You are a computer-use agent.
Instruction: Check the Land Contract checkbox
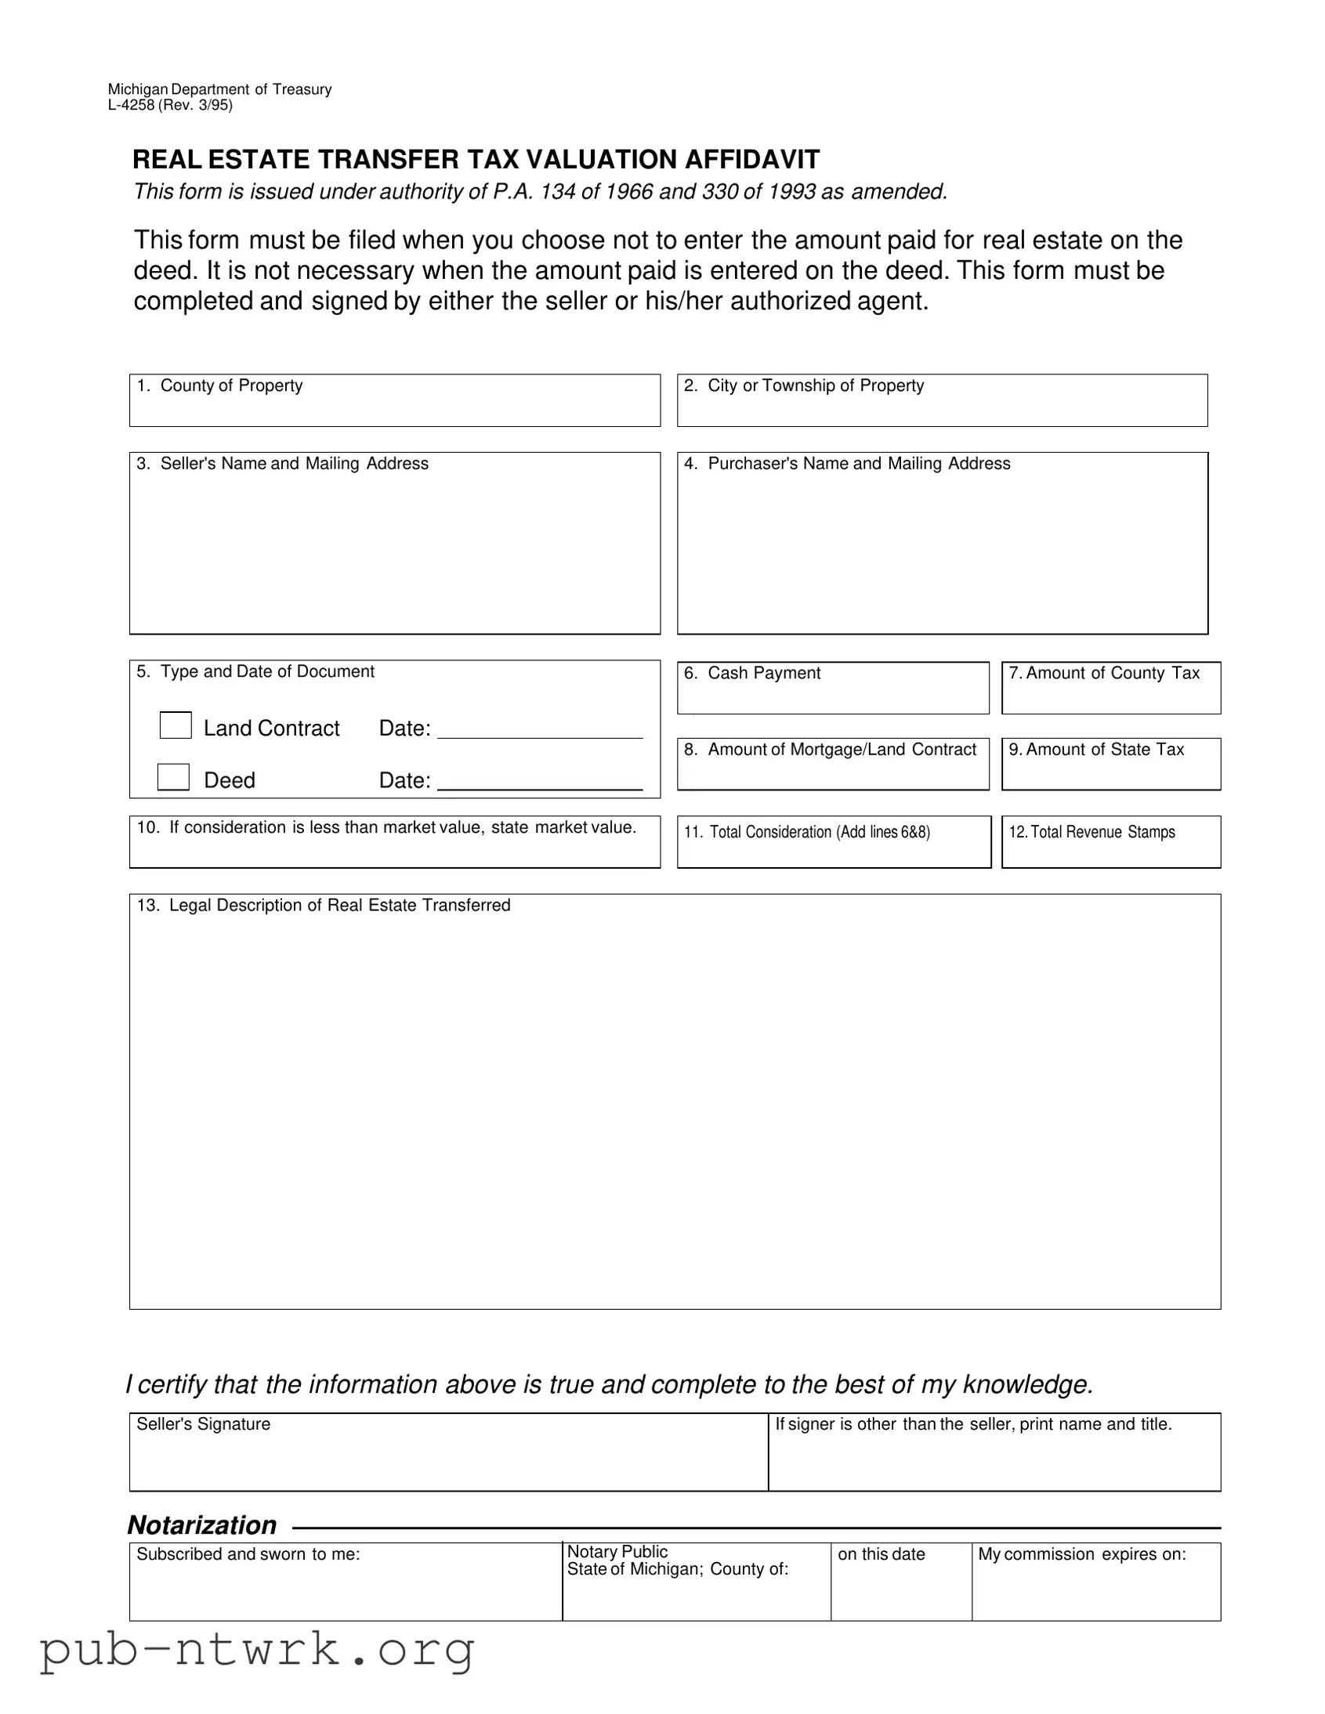coord(175,725)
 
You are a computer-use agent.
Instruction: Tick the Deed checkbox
coord(173,777)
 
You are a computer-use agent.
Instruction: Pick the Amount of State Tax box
coord(1111,772)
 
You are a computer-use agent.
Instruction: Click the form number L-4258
coord(131,105)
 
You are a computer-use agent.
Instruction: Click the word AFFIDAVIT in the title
coord(752,159)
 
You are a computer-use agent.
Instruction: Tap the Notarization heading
coord(201,1525)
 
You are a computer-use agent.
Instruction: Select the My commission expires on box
coord(1095,1589)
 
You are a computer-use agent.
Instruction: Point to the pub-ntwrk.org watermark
coord(257,1650)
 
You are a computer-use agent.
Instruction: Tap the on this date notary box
coord(901,1589)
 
